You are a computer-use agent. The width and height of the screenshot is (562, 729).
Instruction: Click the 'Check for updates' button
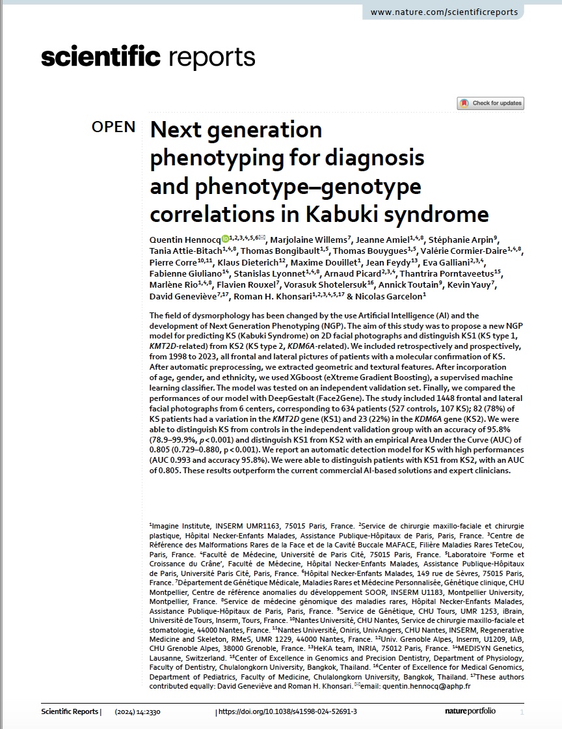490,103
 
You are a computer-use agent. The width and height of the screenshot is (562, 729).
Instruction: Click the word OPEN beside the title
114,127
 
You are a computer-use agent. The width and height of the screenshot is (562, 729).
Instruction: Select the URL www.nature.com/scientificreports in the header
444,12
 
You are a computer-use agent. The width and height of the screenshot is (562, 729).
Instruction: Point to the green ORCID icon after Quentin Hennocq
225,239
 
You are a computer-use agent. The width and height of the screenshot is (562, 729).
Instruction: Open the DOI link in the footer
288,711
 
